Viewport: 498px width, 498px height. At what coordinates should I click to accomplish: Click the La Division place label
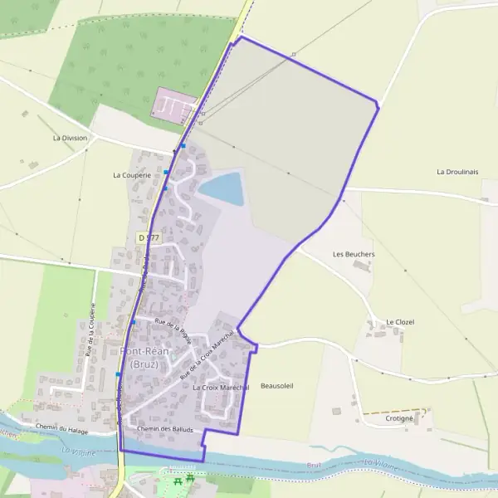pos(70,138)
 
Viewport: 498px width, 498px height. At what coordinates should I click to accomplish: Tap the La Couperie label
pos(131,176)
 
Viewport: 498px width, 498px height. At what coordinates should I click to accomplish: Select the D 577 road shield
pos(148,238)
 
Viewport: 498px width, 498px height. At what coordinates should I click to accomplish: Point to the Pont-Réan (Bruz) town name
pos(144,358)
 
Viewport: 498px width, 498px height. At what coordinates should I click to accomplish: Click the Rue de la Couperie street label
pos(90,330)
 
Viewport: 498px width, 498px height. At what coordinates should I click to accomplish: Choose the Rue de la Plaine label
pos(173,332)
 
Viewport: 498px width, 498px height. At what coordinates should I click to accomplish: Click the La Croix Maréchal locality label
pos(221,388)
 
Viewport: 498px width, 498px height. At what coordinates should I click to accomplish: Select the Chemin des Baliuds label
pos(166,429)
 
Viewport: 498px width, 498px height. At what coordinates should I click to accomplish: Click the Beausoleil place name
pos(277,386)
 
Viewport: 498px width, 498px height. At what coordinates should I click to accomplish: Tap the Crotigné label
pos(399,418)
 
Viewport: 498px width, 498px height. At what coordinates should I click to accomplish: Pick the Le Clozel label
pos(400,322)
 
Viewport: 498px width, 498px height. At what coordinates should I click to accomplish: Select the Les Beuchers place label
pos(354,254)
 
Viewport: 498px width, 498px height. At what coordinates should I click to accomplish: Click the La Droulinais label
pos(458,172)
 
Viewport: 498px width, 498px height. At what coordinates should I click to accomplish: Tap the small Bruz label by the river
pos(314,466)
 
